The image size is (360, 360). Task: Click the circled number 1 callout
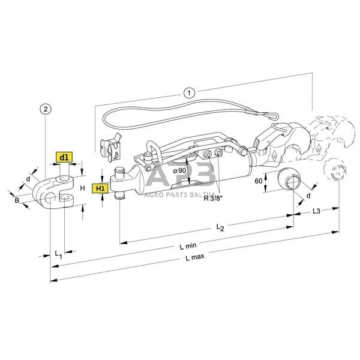188,92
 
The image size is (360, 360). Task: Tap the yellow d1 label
64,157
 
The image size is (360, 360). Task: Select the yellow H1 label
99,188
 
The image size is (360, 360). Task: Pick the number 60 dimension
259,180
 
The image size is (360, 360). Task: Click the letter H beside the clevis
82,188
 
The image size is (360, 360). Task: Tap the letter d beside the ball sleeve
308,195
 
